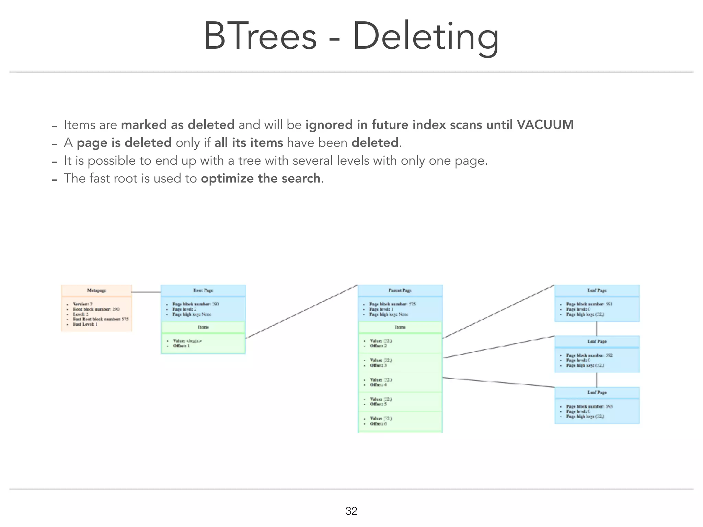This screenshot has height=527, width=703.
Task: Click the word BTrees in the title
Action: [260, 36]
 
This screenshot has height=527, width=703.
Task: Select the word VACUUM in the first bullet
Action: [545, 125]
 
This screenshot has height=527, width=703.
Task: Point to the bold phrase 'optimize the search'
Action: [261, 178]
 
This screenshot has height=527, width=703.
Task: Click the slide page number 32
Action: [351, 511]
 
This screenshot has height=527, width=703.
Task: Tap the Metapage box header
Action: [96, 290]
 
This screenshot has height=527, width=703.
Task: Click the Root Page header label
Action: [203, 290]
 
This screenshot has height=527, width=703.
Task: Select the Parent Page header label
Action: [400, 290]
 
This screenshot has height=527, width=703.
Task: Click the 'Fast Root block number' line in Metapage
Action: [101, 319]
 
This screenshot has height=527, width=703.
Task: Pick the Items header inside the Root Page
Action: [203, 327]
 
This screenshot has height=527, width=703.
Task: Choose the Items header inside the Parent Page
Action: [400, 327]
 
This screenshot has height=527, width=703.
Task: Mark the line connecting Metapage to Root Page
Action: [146, 292]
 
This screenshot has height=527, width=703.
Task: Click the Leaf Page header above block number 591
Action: [597, 290]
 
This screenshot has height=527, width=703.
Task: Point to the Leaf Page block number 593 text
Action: [589, 407]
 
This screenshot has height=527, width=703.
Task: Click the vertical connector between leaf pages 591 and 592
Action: [597, 329]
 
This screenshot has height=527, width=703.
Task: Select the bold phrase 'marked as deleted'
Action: [178, 125]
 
